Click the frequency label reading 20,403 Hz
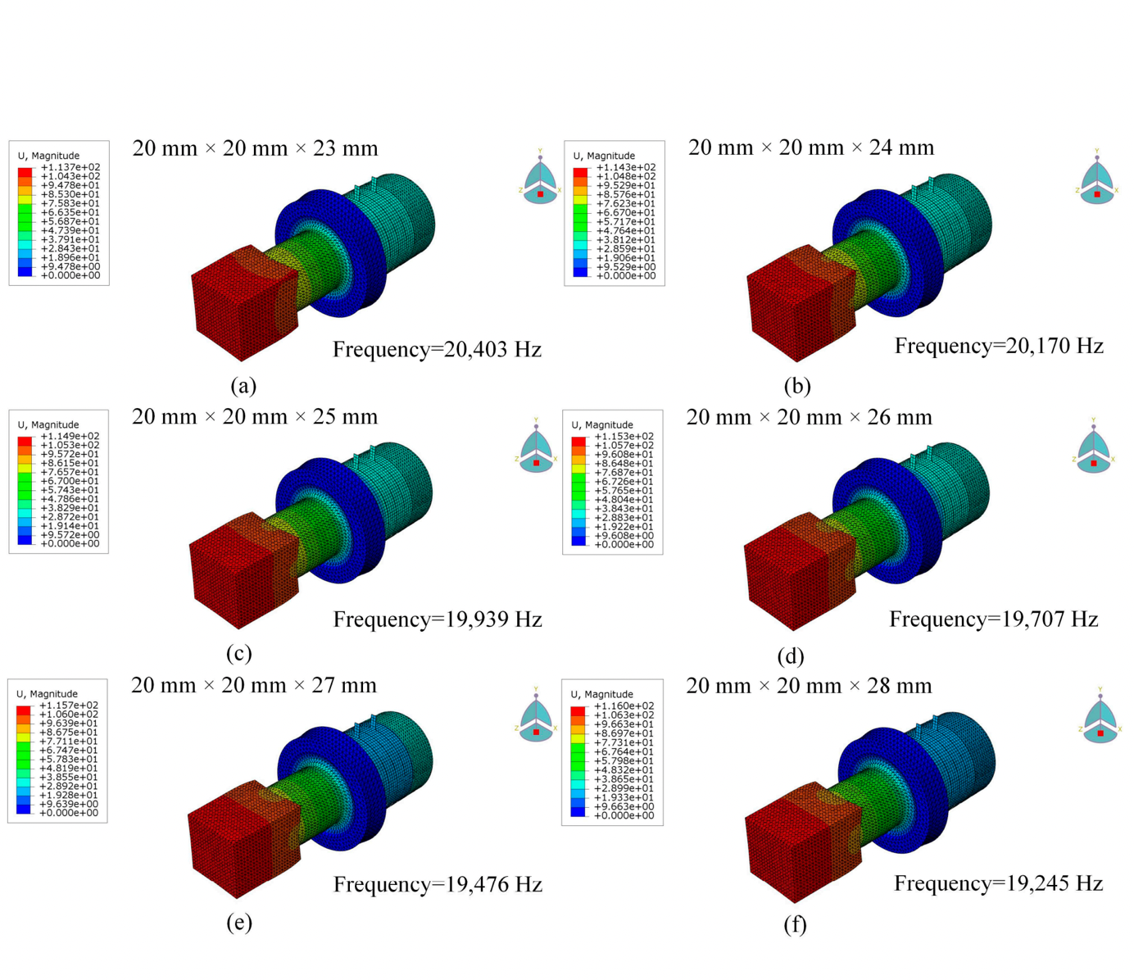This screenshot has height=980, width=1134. tap(437, 350)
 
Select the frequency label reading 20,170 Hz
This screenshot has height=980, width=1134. tap(999, 347)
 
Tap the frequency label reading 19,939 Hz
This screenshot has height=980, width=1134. tap(438, 619)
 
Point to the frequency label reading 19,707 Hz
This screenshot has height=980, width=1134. tap(993, 619)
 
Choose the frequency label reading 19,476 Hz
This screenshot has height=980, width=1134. tap(438, 885)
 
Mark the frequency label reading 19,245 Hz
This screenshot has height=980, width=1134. tap(998, 883)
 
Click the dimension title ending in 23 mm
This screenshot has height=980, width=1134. tap(255, 149)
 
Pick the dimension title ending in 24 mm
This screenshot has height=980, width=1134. tap(810, 148)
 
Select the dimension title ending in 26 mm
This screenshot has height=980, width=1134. tap(809, 418)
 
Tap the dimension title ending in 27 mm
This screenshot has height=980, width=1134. tap(254, 686)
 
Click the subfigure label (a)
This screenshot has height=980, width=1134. tap(243, 386)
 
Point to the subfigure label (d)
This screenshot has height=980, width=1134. tap(791, 656)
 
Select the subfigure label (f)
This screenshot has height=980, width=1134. tap(795, 925)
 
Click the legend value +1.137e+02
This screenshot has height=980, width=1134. tap(70, 167)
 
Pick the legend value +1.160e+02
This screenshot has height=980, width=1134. tap(624, 706)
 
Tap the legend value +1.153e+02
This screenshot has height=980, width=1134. tap(624, 437)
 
